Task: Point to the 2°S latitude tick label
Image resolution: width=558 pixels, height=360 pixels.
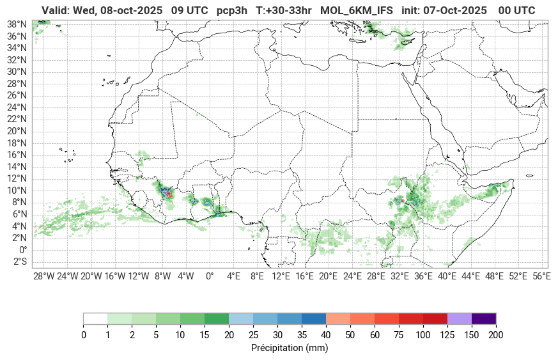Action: [19, 262]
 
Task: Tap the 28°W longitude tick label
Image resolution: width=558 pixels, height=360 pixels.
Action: [43, 276]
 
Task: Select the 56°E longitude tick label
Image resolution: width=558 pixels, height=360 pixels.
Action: [541, 276]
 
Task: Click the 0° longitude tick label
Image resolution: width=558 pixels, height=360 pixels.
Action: [209, 276]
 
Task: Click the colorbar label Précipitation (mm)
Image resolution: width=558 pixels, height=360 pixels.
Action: [290, 348]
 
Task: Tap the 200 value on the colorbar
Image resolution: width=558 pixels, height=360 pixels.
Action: [495, 335]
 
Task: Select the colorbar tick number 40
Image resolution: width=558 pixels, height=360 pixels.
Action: [325, 335]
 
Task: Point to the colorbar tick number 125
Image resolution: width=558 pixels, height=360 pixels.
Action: [447, 335]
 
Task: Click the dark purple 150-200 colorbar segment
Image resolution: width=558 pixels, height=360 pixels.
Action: [483, 318]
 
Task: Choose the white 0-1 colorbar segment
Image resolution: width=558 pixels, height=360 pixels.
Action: [95, 318]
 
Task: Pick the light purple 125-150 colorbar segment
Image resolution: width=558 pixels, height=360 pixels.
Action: [459, 318]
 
